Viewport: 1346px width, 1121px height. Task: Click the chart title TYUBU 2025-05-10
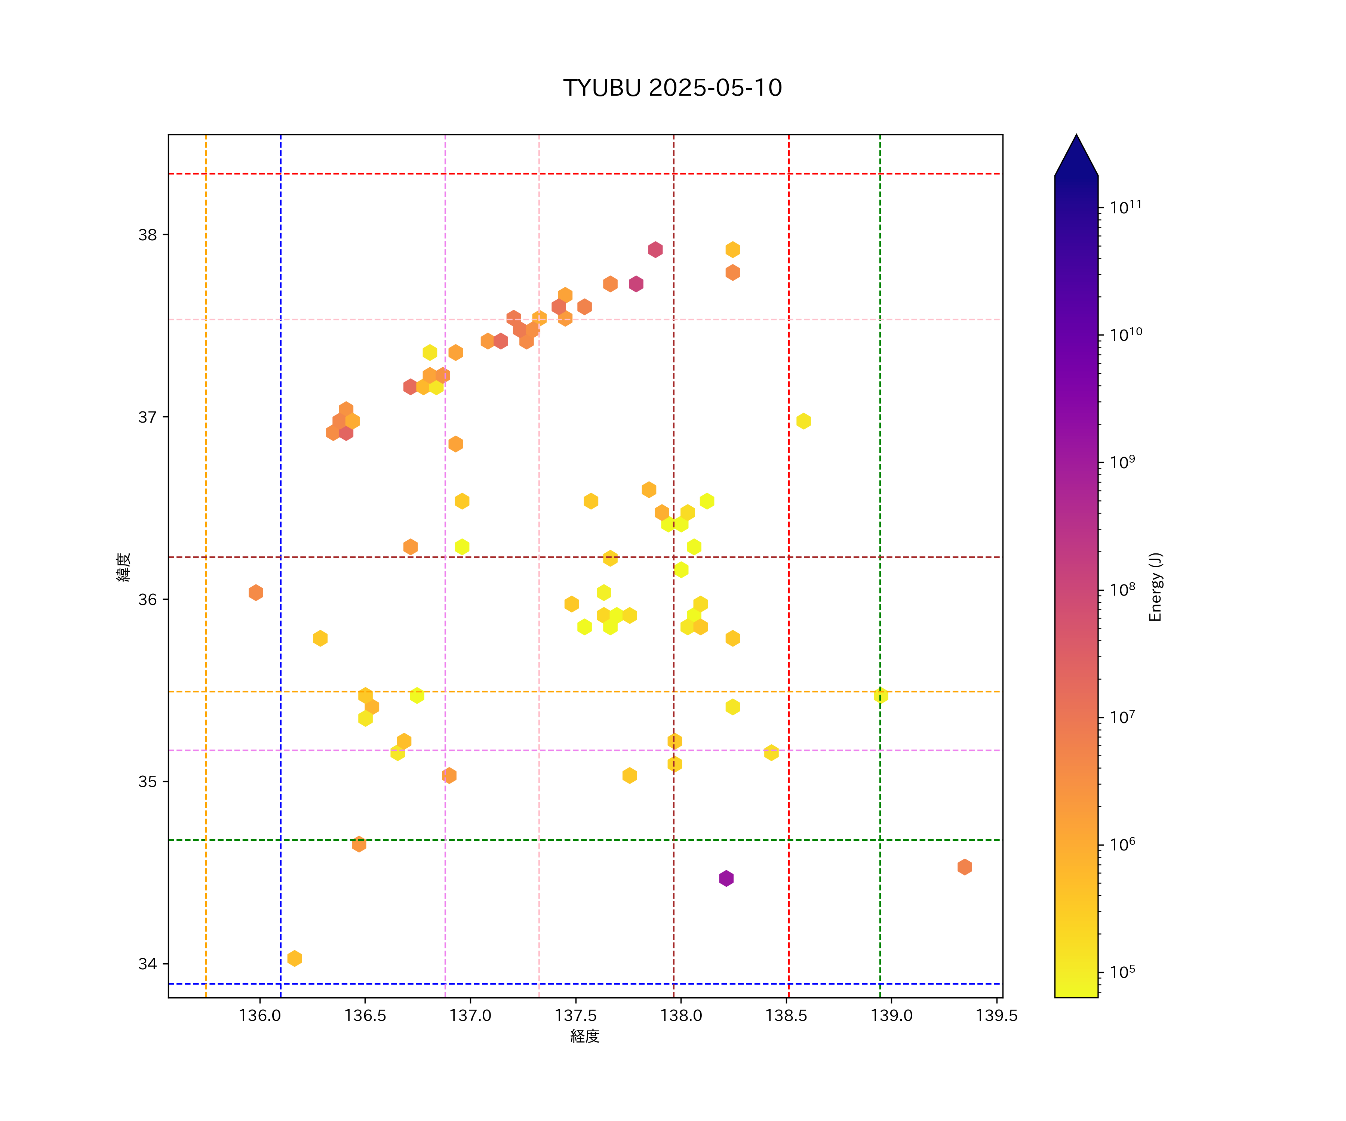click(672, 88)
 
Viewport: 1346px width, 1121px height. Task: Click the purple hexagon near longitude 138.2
click(726, 878)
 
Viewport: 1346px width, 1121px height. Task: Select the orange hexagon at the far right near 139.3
click(965, 867)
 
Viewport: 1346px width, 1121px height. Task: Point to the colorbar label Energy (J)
click(1156, 587)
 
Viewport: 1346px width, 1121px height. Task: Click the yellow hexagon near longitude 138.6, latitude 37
click(804, 421)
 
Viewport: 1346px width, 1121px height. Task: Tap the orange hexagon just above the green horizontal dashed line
click(359, 844)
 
